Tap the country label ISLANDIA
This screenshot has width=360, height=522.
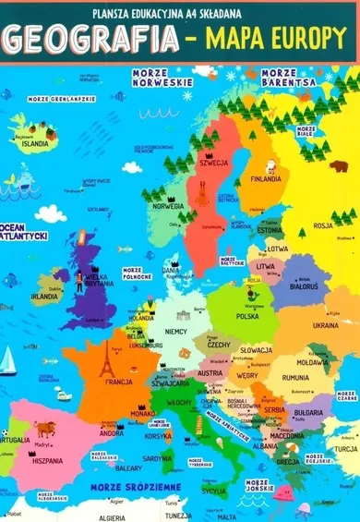tap(35, 144)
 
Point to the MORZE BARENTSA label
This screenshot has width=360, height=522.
tap(288, 78)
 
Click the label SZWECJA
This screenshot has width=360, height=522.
tap(213, 163)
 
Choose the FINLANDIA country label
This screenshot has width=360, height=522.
tap(266, 178)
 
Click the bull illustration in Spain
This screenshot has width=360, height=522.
tap(45, 428)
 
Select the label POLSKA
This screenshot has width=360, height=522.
tap(247, 316)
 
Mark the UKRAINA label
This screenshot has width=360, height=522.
tap(325, 325)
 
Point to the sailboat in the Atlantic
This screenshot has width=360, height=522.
tap(8, 358)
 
